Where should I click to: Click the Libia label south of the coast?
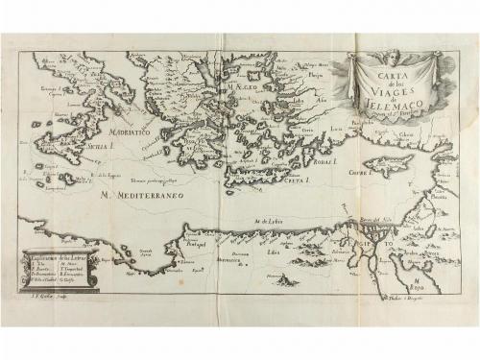[x=274, y=252]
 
